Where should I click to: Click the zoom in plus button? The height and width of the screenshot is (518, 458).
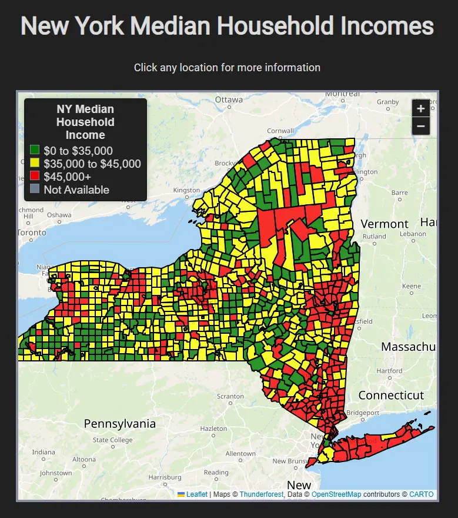[x=421, y=109]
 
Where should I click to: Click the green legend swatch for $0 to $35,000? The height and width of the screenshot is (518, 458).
[x=35, y=151]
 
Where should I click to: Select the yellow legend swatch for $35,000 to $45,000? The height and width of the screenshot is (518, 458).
[x=35, y=164]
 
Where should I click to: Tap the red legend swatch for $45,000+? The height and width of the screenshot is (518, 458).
[x=35, y=177]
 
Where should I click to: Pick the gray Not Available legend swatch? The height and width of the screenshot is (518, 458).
[x=35, y=190]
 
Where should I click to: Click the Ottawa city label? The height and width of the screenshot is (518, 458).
[x=229, y=99]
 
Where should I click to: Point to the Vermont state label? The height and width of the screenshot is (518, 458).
[x=385, y=224]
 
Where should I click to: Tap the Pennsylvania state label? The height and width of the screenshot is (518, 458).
[x=120, y=424]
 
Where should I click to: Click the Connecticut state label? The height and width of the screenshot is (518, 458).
[x=391, y=395]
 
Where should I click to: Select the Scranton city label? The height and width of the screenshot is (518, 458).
[x=230, y=397]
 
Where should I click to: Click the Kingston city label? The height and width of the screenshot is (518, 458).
[x=186, y=190]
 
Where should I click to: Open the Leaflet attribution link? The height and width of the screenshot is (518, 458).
[x=196, y=494]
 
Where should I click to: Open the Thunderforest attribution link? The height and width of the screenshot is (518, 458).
[x=261, y=494]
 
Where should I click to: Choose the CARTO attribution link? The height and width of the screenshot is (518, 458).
[x=421, y=494]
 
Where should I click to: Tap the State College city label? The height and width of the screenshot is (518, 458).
[x=112, y=440]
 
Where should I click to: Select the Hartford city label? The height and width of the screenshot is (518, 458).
[x=390, y=371]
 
